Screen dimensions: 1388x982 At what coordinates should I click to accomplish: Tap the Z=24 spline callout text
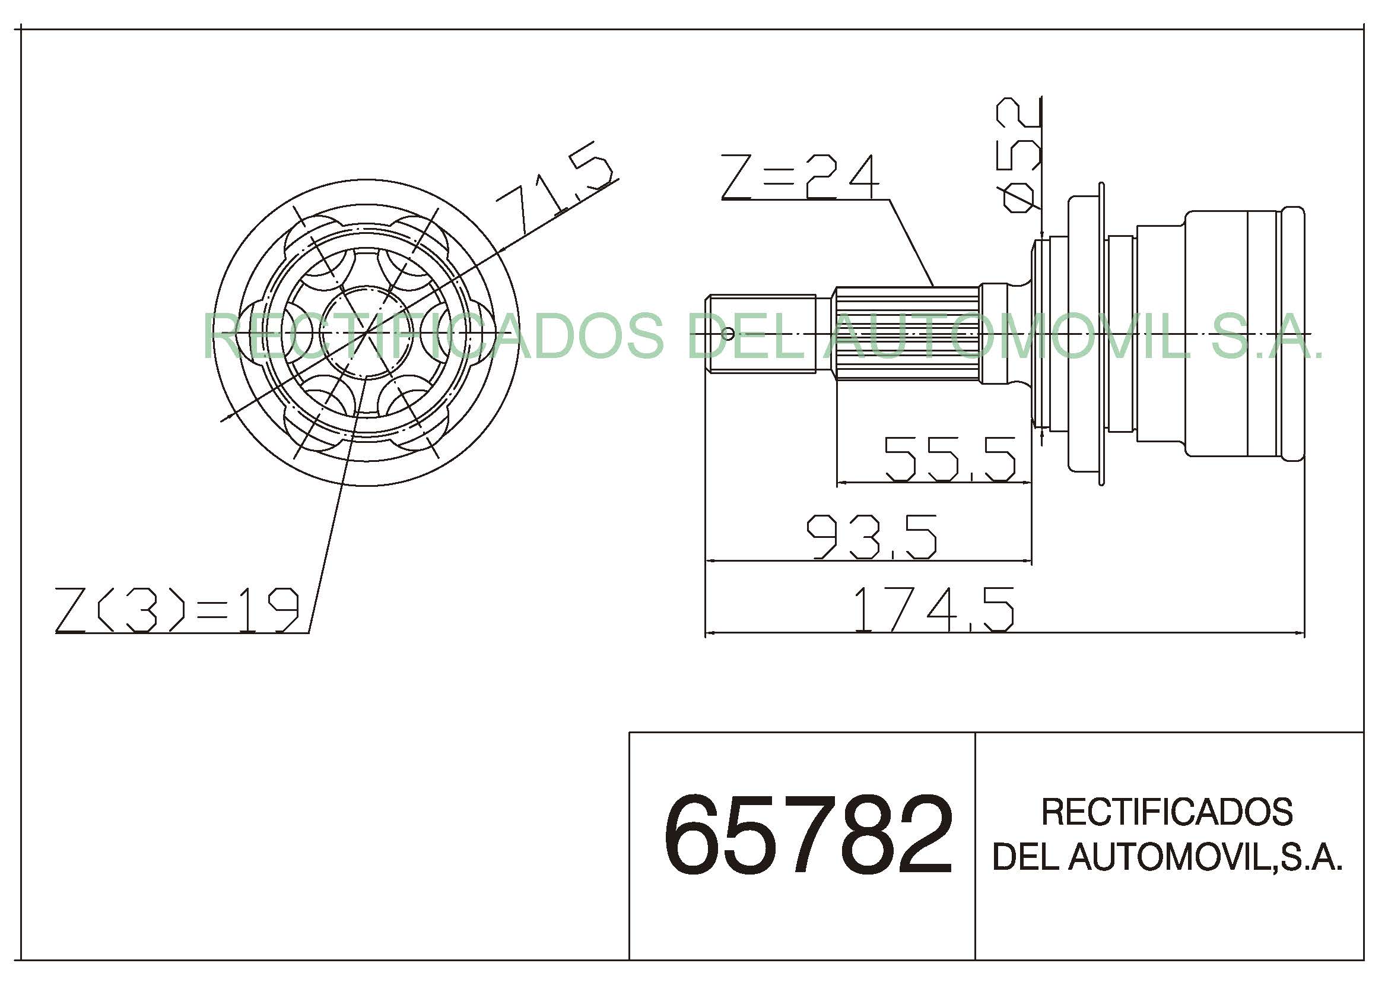799,177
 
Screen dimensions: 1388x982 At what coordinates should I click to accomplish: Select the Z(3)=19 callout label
177,610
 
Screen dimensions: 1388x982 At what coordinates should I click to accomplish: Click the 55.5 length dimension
950,459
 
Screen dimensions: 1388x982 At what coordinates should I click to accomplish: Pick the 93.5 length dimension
872,537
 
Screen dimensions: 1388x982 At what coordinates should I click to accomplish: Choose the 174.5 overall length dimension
933,610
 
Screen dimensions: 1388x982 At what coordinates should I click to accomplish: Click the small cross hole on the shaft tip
729,333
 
